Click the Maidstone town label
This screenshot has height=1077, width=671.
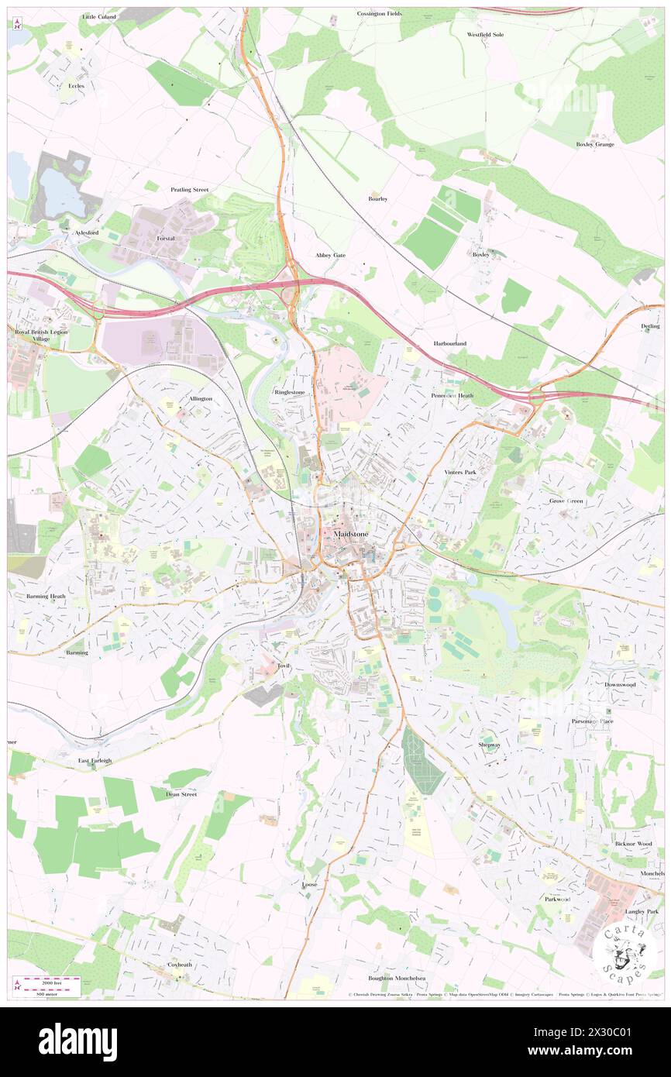click(x=350, y=535)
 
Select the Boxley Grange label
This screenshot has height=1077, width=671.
click(x=594, y=144)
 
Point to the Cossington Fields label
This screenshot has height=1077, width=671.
click(x=380, y=14)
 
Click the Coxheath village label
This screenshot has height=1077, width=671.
click(x=179, y=965)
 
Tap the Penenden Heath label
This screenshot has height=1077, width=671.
click(x=452, y=395)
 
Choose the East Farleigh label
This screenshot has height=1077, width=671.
click(x=95, y=761)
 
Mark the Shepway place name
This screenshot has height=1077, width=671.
click(x=490, y=745)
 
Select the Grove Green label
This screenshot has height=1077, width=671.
click(x=567, y=501)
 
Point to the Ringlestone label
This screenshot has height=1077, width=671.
click(x=290, y=393)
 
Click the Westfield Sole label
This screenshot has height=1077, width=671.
click(x=486, y=35)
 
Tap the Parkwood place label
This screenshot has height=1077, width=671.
click(x=557, y=900)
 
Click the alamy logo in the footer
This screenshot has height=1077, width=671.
click(x=77, y=1042)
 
